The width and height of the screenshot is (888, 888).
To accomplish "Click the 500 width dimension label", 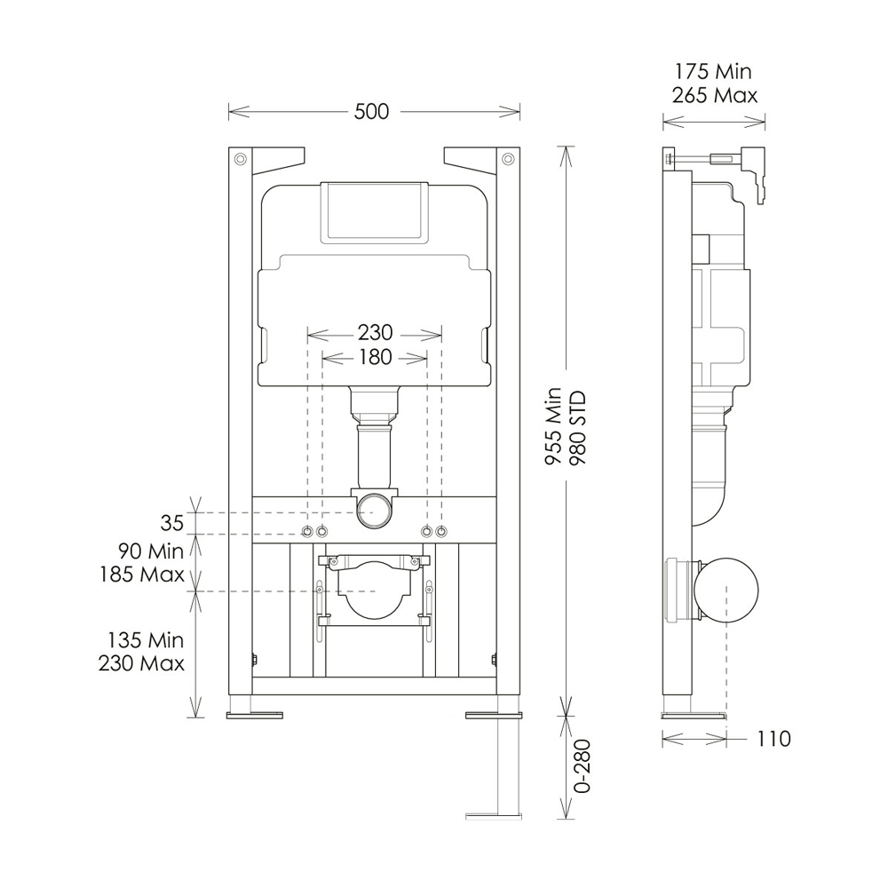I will (x=372, y=112).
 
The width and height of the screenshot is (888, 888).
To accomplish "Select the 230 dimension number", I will (x=375, y=333).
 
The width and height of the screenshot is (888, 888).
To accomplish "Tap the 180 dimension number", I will (x=375, y=357).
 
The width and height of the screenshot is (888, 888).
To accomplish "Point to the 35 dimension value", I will (x=172, y=521).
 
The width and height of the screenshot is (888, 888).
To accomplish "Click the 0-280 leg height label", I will (x=581, y=769).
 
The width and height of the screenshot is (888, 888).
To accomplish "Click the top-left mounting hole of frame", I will (x=241, y=160).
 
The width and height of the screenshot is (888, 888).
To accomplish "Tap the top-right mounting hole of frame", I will (x=507, y=160).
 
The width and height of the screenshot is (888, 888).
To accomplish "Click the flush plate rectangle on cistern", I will (x=374, y=210).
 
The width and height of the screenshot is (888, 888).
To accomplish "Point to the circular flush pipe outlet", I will (x=375, y=511).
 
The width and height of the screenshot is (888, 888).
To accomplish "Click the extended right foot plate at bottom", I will (x=493, y=812).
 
